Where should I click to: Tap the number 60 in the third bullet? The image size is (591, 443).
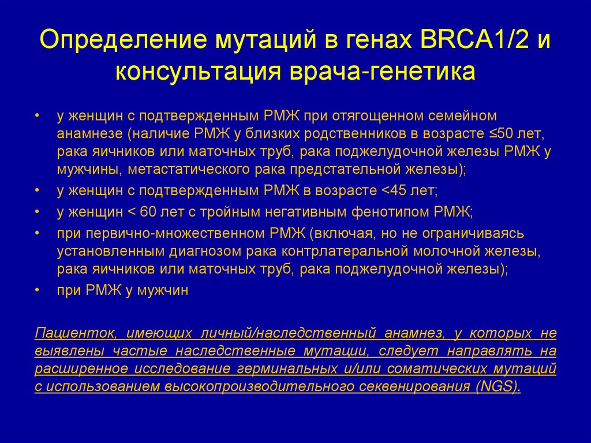(152, 211)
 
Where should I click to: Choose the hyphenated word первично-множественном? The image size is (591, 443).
(177, 233)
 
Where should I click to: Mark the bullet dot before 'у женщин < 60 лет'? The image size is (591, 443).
(37, 211)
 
